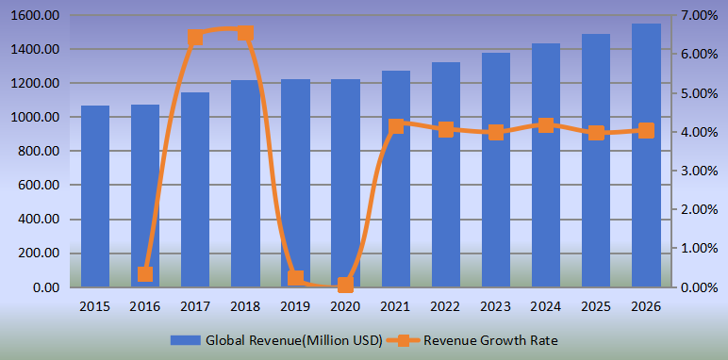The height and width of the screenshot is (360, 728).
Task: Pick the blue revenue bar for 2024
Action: click(x=546, y=165)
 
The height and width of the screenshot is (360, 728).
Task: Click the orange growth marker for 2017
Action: click(x=195, y=38)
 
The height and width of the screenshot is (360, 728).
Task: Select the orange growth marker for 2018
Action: click(x=245, y=34)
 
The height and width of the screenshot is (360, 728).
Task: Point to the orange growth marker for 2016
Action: click(x=145, y=274)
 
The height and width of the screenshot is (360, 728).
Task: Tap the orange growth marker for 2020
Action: click(x=345, y=285)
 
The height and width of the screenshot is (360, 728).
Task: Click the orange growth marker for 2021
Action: click(x=396, y=125)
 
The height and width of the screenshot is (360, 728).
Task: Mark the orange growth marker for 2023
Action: click(x=496, y=133)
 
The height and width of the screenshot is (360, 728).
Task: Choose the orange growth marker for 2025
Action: click(x=596, y=133)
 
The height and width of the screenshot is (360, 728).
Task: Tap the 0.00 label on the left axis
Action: click(x=48, y=287)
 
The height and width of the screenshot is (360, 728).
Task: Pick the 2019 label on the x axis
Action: click(x=295, y=307)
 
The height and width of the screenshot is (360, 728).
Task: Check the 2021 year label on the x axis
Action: click(x=396, y=307)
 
